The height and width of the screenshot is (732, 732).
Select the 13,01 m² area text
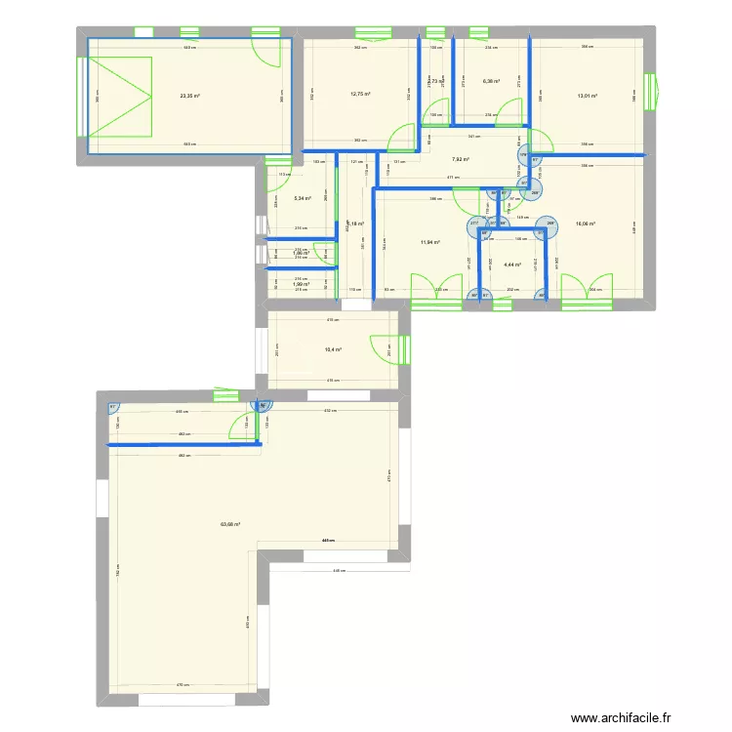pyautogui.click(x=588, y=96)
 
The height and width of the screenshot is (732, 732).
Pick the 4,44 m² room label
pyautogui.click(x=512, y=264)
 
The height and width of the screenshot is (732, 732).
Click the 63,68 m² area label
pyautogui.click(x=230, y=524)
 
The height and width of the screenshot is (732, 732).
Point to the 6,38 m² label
pyautogui.click(x=491, y=82)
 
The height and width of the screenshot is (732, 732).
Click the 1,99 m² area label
pyautogui.click(x=301, y=284)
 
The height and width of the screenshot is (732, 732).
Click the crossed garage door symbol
pyautogui.click(x=120, y=96)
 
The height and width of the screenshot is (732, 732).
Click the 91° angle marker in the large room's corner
pyautogui.click(x=113, y=408)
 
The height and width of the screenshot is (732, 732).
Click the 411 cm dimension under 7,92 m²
pyautogui.click(x=452, y=177)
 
